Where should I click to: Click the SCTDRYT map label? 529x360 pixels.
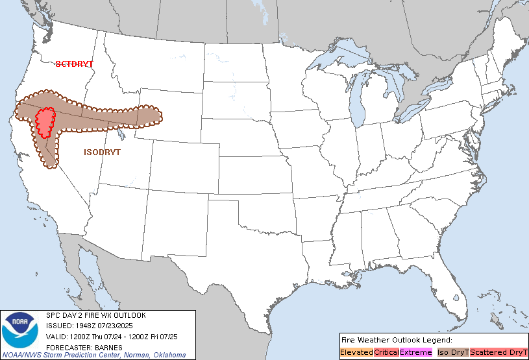coord(74,64)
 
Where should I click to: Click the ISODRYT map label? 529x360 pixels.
coord(103,152)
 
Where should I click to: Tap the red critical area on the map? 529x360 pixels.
coord(44,121)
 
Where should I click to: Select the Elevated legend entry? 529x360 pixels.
coord(356,352)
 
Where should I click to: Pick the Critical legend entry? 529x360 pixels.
coord(386,352)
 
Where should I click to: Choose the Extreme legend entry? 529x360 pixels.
coord(415,352)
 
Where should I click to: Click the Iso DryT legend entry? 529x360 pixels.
coord(452,352)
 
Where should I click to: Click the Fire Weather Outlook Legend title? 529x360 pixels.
coord(396,340)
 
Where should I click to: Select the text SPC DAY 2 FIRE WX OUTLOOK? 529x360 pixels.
coord(96,315)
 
